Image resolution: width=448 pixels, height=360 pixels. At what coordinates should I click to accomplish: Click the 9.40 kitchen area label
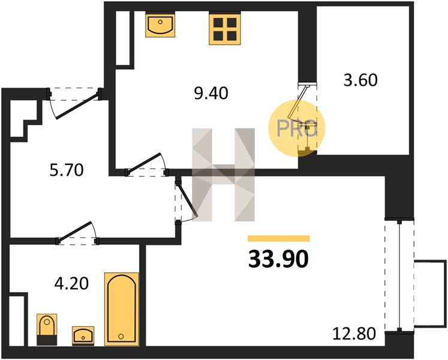pyautogui.click(x=211, y=93)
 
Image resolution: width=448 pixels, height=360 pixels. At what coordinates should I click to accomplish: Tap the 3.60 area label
pyautogui.click(x=360, y=80)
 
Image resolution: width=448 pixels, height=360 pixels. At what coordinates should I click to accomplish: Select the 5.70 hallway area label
pyautogui.click(x=67, y=170)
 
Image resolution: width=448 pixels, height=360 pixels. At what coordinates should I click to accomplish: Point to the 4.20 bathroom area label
pyautogui.click(x=71, y=284)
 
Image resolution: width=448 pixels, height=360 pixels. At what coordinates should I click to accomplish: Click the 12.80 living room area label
pyautogui.click(x=354, y=334)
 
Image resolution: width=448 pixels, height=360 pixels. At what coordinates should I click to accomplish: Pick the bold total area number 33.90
pyautogui.click(x=278, y=259)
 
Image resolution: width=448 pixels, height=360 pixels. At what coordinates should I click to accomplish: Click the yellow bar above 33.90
pyautogui.click(x=278, y=238)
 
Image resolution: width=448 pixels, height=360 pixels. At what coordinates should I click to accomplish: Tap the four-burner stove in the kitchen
pyautogui.click(x=225, y=29)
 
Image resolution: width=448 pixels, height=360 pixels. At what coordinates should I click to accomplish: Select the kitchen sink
pyautogui.click(x=160, y=26)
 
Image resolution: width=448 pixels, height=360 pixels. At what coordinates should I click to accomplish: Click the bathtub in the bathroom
pyautogui.click(x=121, y=309)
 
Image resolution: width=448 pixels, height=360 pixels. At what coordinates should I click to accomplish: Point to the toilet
pyautogui.click(x=47, y=329)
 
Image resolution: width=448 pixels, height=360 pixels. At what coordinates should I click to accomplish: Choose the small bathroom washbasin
pyautogui.click(x=83, y=335)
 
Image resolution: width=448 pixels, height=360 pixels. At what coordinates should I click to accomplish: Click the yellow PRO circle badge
pyautogui.click(x=297, y=128)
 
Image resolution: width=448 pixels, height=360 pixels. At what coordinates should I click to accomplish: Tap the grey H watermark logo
pyautogui.click(x=223, y=175)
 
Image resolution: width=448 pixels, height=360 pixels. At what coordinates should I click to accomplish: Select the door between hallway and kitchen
pyautogui.click(x=146, y=165)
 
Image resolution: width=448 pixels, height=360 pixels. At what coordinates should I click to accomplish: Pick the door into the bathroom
pyautogui.click(x=78, y=233)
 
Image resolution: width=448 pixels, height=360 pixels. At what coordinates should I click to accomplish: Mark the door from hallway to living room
pyautogui.click(x=186, y=200)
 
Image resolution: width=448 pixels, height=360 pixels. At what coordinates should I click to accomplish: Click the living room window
pyautogui.click(x=399, y=275)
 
